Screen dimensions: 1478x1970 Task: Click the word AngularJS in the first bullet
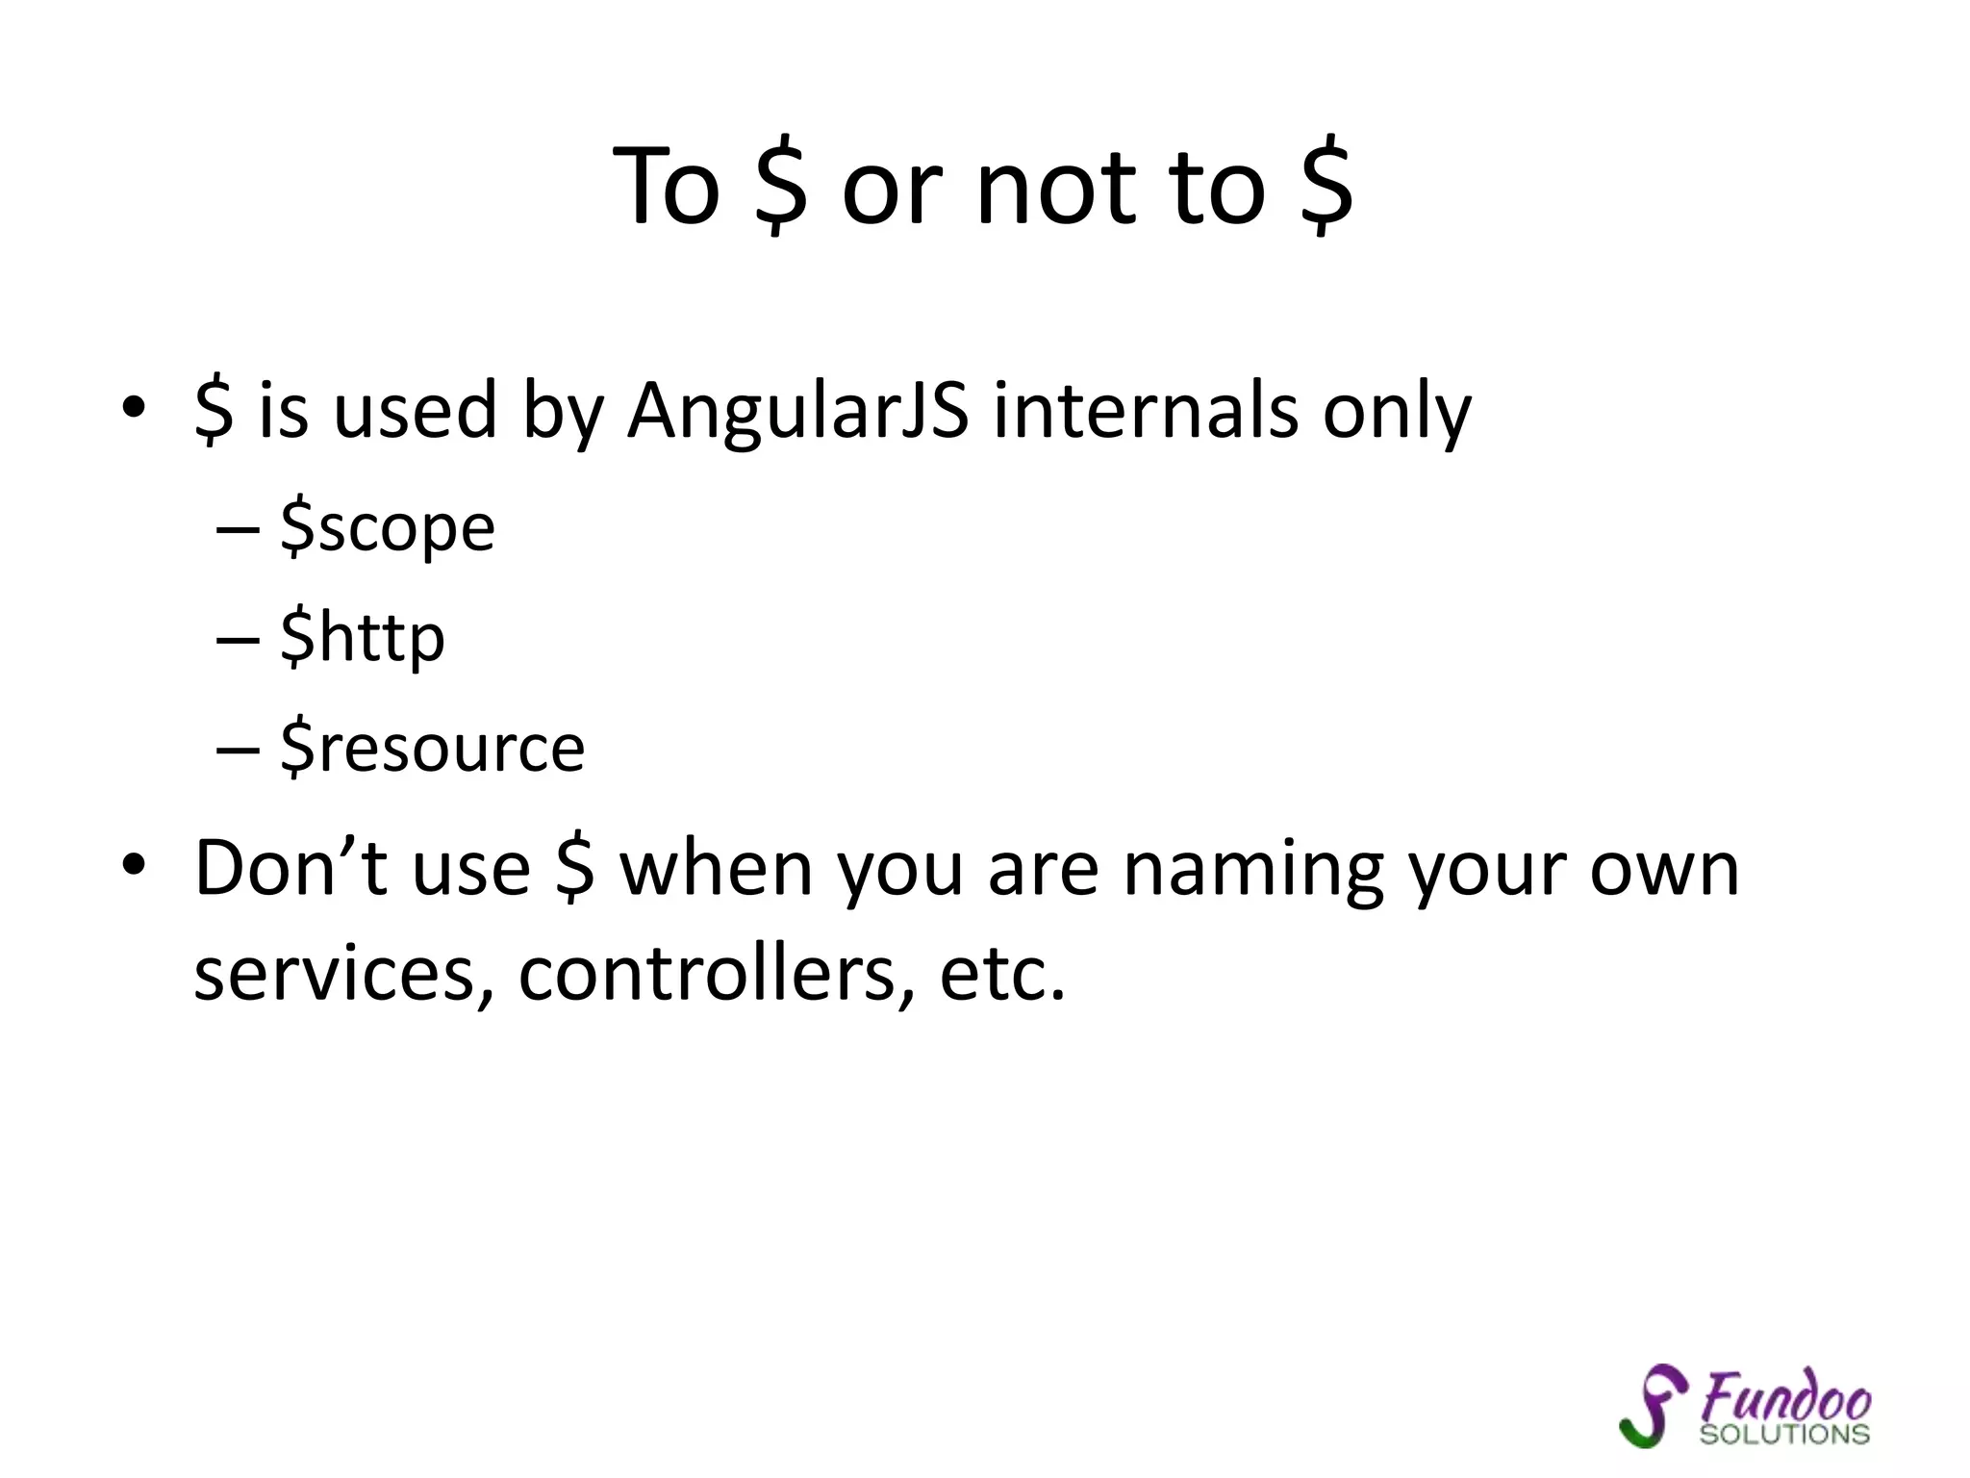[797, 411]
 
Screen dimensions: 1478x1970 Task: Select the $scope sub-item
[387, 528]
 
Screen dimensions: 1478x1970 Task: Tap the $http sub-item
[363, 638]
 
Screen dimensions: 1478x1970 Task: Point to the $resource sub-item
[432, 748]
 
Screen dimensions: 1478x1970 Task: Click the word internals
[1146, 411]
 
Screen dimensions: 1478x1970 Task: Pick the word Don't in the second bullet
[290, 868]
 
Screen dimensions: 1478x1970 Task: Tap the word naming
[1253, 870]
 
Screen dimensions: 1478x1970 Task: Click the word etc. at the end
[1002, 974]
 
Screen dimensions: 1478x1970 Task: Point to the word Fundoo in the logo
[1785, 1396]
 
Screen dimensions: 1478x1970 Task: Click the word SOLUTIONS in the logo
[1784, 1435]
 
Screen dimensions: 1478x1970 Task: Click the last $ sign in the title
[1326, 188]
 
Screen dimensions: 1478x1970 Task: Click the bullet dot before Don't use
[134, 865]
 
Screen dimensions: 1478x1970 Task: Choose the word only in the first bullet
[1397, 411]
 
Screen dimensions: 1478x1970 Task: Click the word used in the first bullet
[416, 411]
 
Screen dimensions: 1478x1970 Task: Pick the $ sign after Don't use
[575, 868]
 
